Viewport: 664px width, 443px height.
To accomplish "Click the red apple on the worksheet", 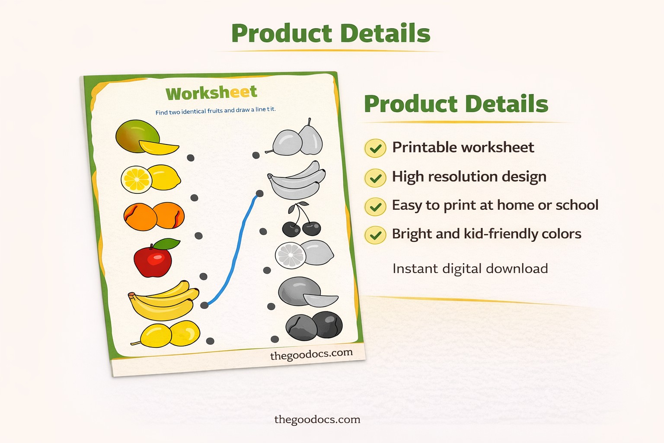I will tap(152, 260).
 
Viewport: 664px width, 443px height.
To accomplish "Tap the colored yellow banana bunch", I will tap(163, 301).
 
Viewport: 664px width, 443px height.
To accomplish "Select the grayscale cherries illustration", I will tap(302, 221).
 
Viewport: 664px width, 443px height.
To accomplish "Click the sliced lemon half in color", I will tap(136, 179).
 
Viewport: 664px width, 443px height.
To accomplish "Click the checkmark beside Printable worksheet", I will tap(375, 148).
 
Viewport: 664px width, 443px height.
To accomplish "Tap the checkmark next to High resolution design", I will tap(375, 178).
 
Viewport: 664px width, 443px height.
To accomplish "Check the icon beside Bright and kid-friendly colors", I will tap(375, 235).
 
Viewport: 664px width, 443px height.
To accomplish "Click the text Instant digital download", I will tap(470, 269).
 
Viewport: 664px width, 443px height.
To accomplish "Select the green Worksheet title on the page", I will tap(211, 93).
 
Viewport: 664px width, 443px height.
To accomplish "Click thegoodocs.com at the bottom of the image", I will tap(317, 419).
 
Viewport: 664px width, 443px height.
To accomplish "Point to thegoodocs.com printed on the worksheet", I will tap(311, 354).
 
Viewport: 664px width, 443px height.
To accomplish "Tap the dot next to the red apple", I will tap(203, 276).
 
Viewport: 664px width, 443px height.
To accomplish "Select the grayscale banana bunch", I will tap(297, 181).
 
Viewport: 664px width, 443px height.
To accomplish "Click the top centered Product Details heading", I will tap(331, 34).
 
